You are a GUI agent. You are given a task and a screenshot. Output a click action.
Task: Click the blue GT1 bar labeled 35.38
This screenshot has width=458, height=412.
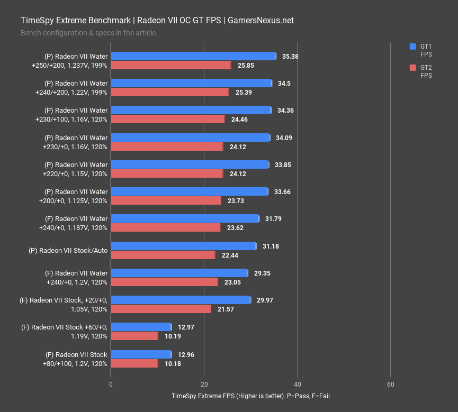(193, 56)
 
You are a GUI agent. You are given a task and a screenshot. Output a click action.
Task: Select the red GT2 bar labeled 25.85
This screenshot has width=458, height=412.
(171, 65)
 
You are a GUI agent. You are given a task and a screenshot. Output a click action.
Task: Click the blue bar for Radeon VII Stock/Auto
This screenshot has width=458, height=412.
(183, 246)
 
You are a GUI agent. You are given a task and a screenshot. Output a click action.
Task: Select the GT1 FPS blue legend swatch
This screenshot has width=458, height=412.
(414, 47)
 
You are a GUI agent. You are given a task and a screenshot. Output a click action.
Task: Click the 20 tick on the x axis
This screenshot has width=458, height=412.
(204, 384)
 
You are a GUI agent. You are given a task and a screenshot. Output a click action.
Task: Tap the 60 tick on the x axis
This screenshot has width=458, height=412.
(390, 384)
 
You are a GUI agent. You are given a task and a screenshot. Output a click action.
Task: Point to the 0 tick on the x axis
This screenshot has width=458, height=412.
(111, 384)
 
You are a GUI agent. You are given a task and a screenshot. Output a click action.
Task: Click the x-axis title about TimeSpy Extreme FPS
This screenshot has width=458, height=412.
(250, 396)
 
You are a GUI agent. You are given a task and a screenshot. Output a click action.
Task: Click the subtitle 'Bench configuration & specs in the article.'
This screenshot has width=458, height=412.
(89, 33)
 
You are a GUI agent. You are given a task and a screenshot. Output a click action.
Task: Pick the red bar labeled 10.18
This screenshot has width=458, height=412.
(134, 363)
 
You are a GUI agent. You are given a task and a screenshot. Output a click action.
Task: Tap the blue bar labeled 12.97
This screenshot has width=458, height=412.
(141, 327)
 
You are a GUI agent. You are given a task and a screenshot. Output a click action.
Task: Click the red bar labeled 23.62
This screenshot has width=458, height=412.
(166, 227)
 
